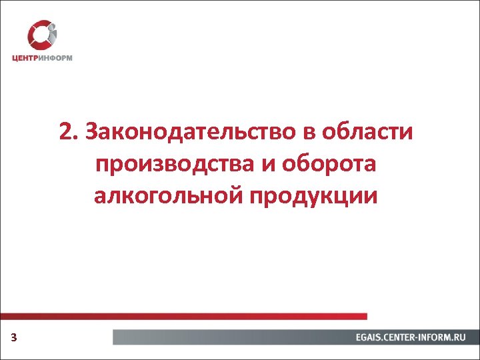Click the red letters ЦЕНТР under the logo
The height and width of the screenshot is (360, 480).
coord(27,58)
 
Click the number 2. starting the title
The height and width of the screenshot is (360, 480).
coord(67,132)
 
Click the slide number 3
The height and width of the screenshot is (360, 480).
coord(13,339)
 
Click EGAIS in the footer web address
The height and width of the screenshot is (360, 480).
coord(369,338)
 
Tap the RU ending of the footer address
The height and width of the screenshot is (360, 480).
coord(458,338)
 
